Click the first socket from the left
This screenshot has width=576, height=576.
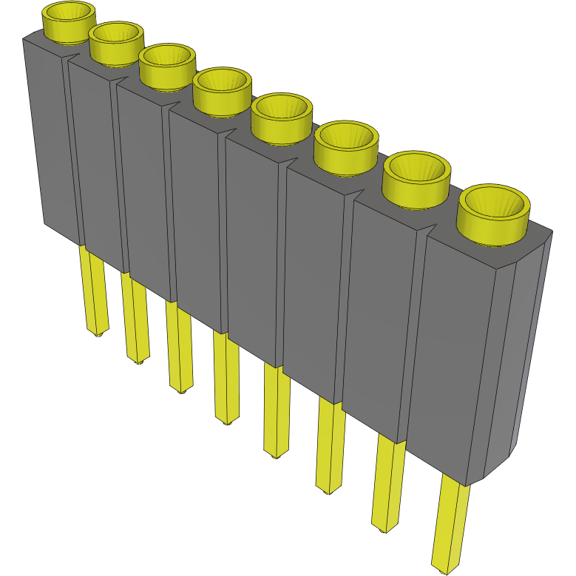point(69,21)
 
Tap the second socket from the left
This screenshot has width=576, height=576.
point(116,43)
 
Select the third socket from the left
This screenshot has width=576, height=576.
point(167,67)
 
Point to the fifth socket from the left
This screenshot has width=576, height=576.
point(280,118)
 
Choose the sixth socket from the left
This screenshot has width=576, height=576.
point(346,147)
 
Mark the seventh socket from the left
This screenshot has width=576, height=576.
point(416,180)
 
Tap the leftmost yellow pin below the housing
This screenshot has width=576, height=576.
point(94,291)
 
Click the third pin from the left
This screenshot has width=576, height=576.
point(179,348)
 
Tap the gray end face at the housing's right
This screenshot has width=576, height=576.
point(526,348)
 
